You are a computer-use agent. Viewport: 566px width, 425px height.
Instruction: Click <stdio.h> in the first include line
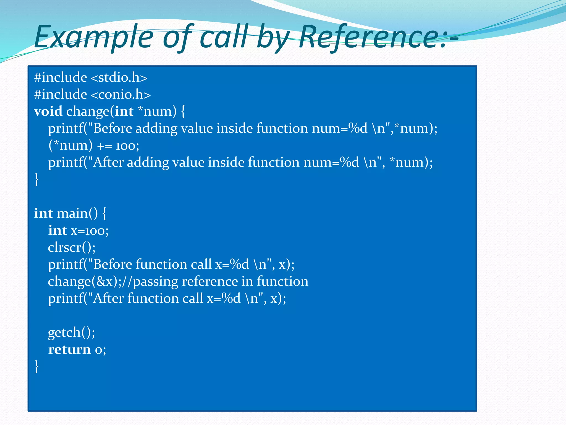119,77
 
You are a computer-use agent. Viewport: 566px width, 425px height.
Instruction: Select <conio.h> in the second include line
120,95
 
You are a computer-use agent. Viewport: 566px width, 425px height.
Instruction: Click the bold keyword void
48,112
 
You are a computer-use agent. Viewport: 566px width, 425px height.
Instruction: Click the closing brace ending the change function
36,179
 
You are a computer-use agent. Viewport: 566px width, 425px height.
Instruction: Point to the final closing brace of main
36,366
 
